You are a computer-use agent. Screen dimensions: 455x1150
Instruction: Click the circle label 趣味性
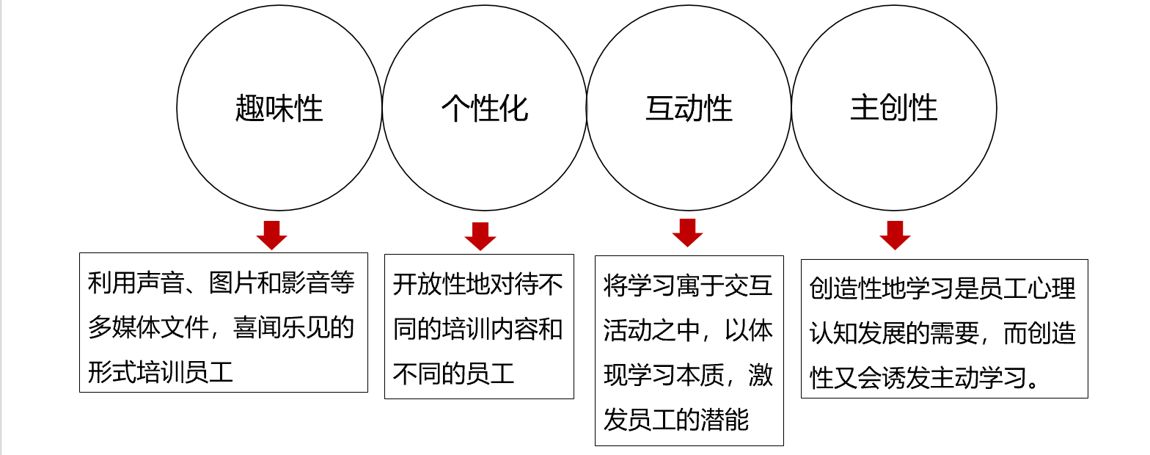[x=279, y=109]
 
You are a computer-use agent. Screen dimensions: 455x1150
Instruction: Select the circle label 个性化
[x=484, y=109]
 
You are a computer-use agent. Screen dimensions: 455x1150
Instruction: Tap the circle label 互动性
[x=689, y=109]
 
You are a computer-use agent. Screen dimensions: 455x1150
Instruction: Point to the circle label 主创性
[x=894, y=109]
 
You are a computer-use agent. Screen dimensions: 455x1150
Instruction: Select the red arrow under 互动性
[x=687, y=233]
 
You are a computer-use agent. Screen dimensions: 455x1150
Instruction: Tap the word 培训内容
[x=491, y=329]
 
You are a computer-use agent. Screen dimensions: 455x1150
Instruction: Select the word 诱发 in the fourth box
[x=905, y=378]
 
